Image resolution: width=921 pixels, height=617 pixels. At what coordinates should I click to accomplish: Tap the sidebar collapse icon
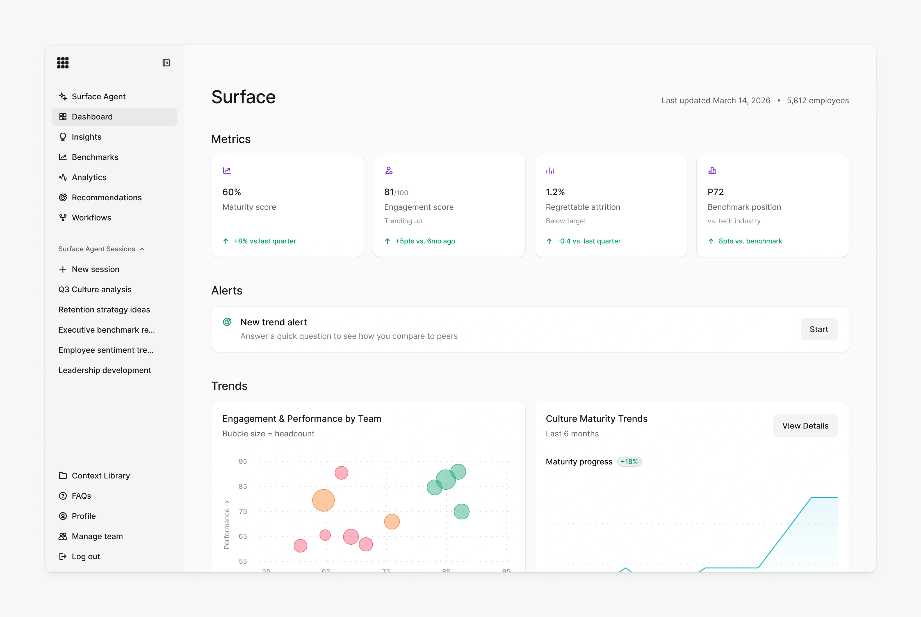pos(166,63)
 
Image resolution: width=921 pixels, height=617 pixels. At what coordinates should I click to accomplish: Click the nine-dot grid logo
pos(63,63)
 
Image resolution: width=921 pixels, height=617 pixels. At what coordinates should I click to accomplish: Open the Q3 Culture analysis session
pos(95,290)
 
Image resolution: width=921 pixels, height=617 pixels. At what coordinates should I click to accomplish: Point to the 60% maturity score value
pos(232,192)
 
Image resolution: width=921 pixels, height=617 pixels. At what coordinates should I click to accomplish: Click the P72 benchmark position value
pos(716,192)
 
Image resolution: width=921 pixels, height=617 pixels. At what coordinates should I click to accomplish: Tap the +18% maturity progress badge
pos(629,462)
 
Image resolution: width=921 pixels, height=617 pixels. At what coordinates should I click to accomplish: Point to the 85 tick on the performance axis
pos(243,486)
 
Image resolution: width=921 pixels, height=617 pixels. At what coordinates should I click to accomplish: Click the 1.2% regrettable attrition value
pos(555,192)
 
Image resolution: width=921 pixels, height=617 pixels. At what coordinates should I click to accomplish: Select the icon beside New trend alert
pos(227,322)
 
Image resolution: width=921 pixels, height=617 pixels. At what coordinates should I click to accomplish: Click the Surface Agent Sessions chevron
pos(142,249)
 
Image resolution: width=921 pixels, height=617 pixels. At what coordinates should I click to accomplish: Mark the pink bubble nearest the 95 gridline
pos(341,473)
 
